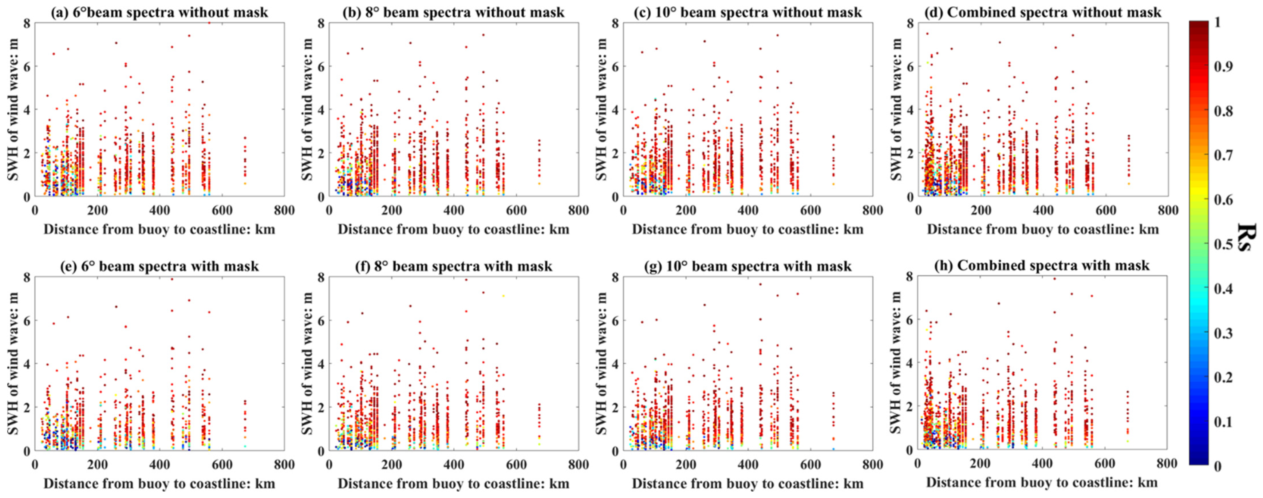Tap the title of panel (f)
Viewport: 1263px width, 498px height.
point(453,266)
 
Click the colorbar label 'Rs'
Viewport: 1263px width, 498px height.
point(1245,238)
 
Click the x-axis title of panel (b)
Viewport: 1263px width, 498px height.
point(453,229)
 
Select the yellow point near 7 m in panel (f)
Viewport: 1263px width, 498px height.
point(503,296)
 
